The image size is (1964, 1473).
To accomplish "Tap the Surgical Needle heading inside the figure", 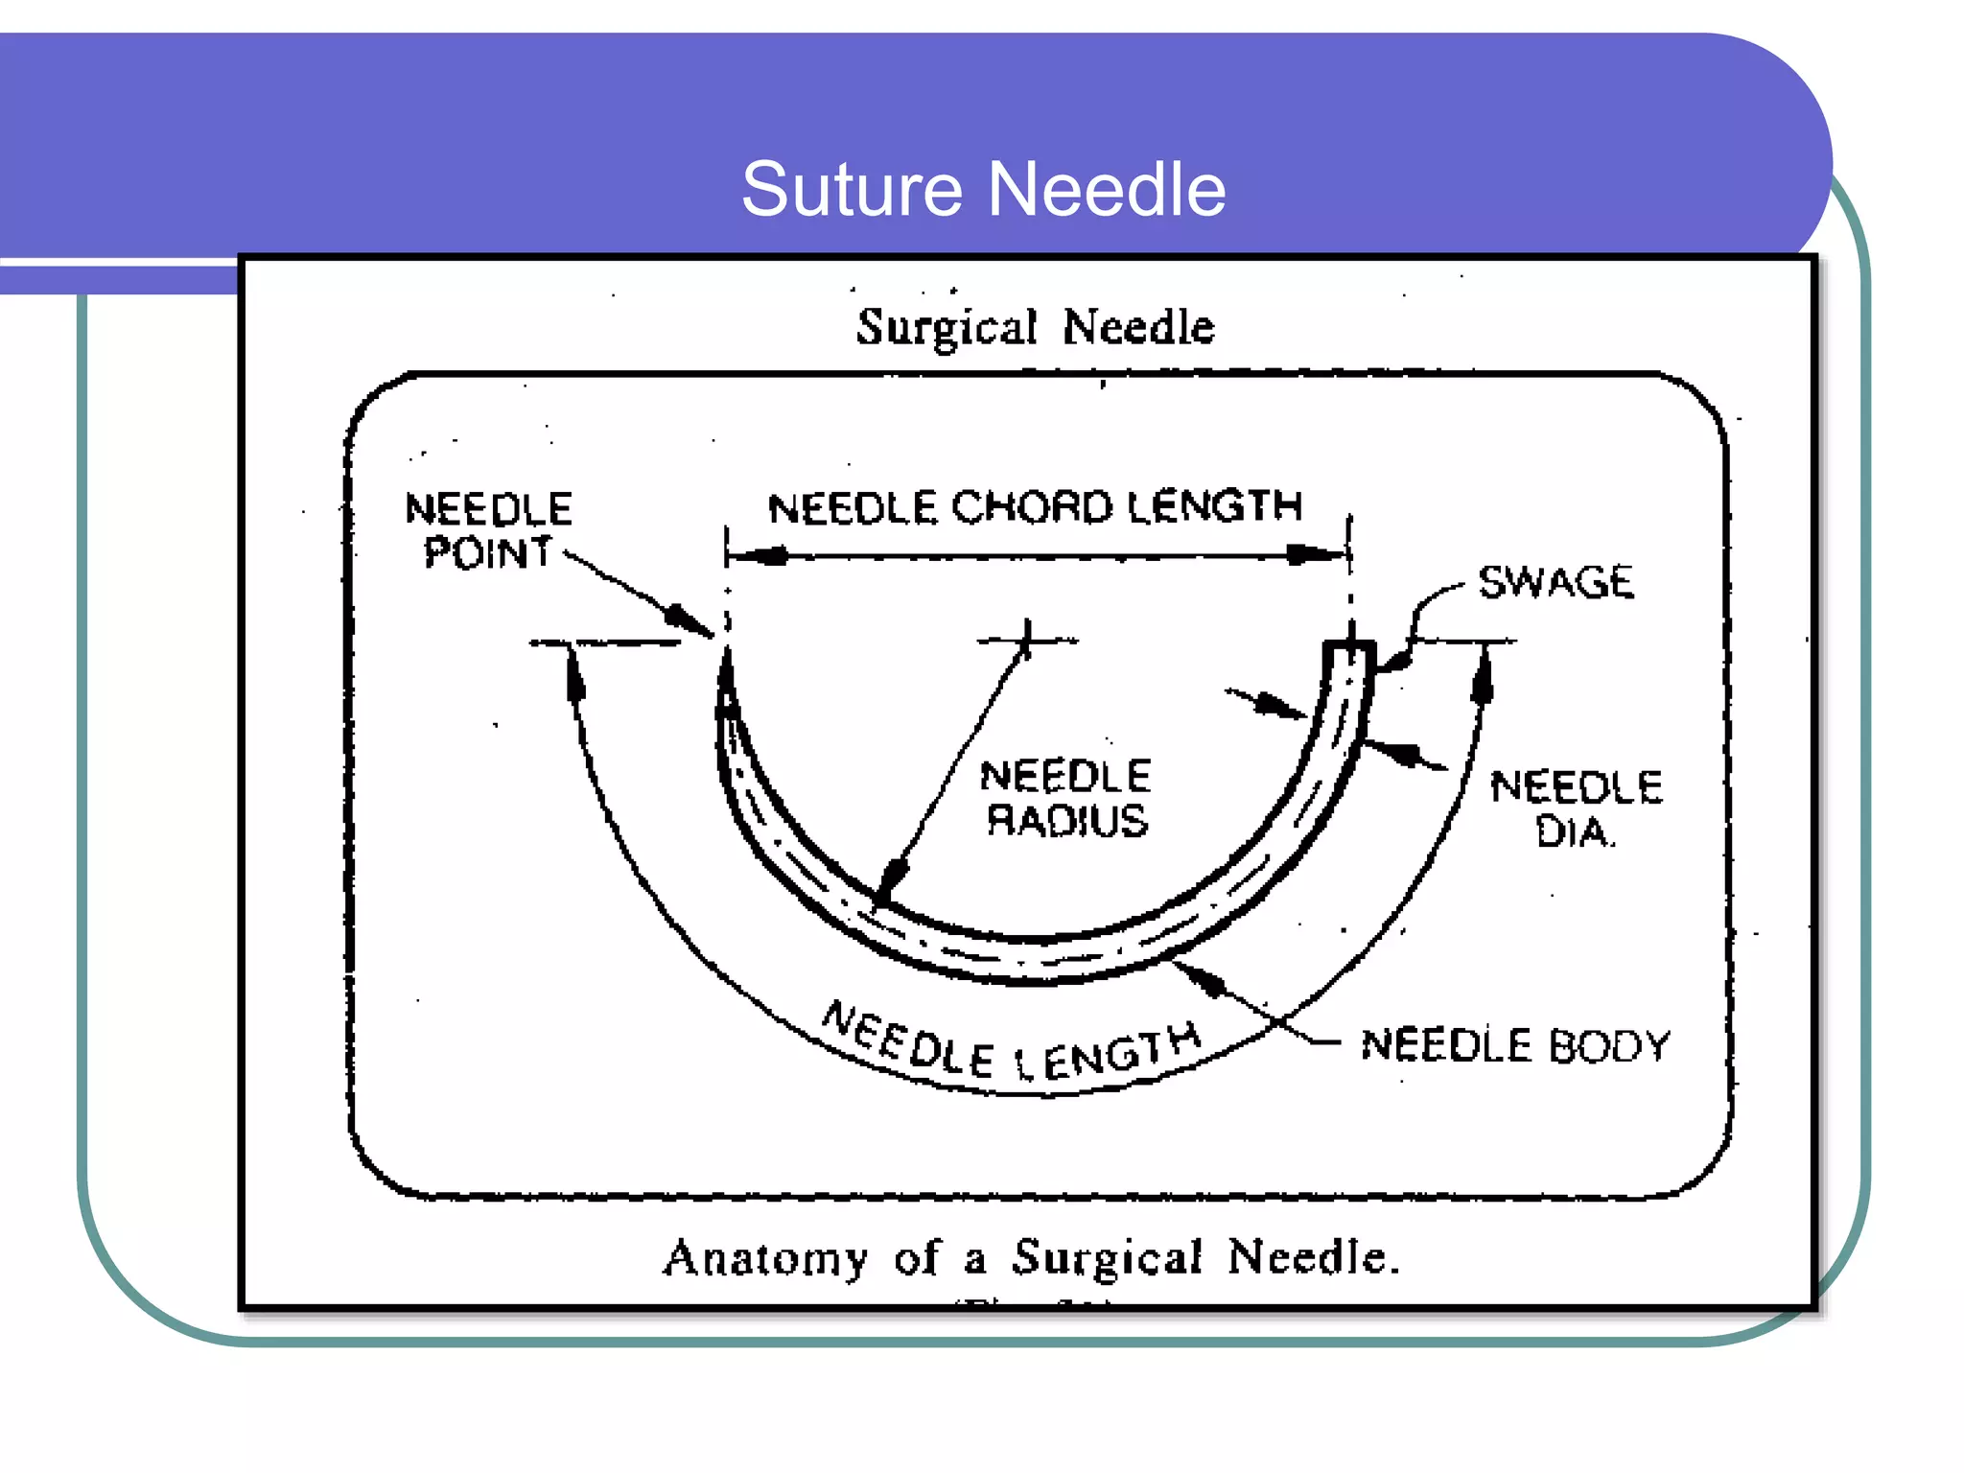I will pyautogui.click(x=1035, y=327).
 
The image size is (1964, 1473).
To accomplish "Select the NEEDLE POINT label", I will pyautogui.click(x=488, y=530).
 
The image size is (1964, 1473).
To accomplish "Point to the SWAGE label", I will pyautogui.click(x=1555, y=582).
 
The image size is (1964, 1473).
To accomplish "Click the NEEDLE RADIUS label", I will pyautogui.click(x=1065, y=798).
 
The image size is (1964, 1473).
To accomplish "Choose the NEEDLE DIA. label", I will pyautogui.click(x=1576, y=808).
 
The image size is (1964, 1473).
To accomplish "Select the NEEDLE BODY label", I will pyautogui.click(x=1515, y=1044).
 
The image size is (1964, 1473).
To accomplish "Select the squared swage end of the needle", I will pyautogui.click(x=1349, y=660).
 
